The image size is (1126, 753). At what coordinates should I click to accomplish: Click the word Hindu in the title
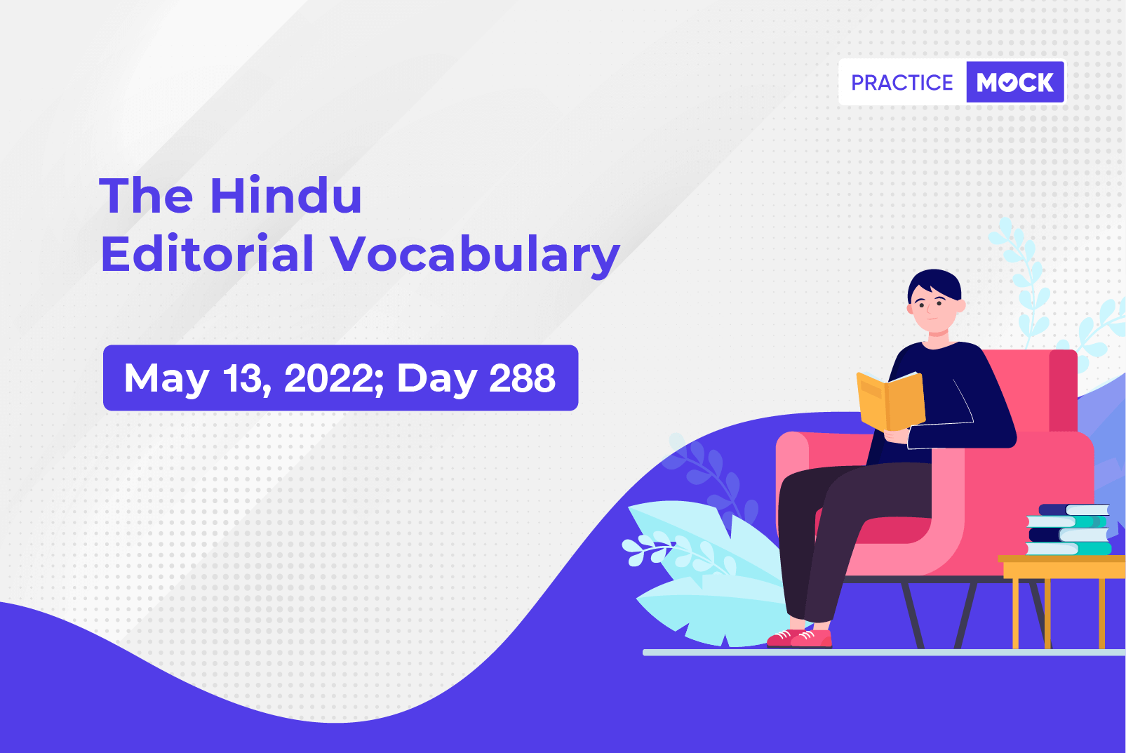tap(286, 195)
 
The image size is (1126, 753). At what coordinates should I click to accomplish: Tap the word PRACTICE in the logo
tap(902, 83)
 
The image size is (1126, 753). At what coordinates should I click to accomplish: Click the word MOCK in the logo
tap(1015, 83)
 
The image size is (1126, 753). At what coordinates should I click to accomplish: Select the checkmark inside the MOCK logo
tap(1008, 83)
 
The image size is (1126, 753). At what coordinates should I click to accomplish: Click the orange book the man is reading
tap(890, 401)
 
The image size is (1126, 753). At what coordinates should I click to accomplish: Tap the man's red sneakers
tap(800, 638)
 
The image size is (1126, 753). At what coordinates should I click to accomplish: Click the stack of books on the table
tap(1068, 530)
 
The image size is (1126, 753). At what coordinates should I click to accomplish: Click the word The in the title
tap(146, 195)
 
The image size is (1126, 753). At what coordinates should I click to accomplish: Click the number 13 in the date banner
tap(246, 378)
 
